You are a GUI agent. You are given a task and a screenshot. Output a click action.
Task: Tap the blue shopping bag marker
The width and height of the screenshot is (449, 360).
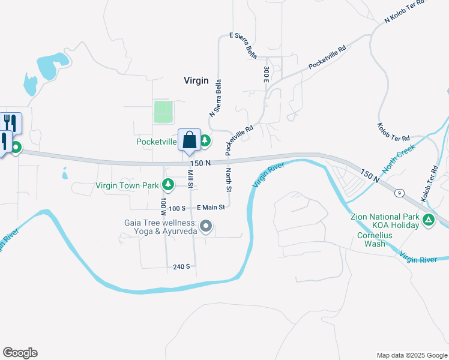pyautogui.click(x=189, y=141)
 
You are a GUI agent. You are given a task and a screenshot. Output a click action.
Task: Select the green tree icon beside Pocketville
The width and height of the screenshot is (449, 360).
pyautogui.click(x=205, y=141)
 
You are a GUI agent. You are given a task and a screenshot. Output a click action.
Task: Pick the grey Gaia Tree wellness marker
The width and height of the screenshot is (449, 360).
pyautogui.click(x=206, y=226)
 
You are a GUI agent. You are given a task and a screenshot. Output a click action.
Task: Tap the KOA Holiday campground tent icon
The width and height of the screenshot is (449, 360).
pyautogui.click(x=429, y=220)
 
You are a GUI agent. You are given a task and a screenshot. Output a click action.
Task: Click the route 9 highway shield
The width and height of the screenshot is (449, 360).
pyautogui.click(x=399, y=193)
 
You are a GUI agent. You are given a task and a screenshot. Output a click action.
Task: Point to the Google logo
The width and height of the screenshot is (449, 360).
pyautogui.click(x=20, y=353)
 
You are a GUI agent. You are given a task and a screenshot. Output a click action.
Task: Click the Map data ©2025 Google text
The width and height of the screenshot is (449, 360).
pyautogui.click(x=411, y=355)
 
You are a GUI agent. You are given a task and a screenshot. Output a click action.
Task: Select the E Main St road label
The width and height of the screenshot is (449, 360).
pyautogui.click(x=209, y=208)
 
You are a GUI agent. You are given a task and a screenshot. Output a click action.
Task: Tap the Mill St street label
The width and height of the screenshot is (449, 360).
pyautogui.click(x=190, y=178)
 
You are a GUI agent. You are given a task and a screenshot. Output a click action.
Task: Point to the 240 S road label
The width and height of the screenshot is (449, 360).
pyautogui.click(x=182, y=266)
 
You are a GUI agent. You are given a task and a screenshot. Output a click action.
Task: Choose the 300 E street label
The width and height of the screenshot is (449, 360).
pyautogui.click(x=265, y=74)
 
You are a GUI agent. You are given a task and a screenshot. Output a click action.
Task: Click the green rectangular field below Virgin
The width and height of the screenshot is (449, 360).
pyautogui.click(x=163, y=112)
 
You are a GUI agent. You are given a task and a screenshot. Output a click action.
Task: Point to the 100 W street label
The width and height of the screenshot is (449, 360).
pyautogui.click(x=163, y=205)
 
